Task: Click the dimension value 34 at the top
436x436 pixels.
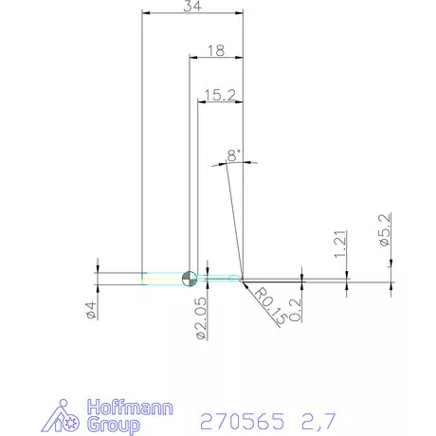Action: tap(192, 7)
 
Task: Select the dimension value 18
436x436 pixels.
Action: tap(215, 52)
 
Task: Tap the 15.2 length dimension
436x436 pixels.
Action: tap(219, 94)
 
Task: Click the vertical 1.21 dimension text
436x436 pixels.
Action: tap(342, 244)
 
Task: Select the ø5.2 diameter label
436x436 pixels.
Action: tap(386, 231)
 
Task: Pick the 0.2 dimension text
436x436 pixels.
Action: tap(298, 308)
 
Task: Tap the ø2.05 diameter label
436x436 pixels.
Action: tap(201, 318)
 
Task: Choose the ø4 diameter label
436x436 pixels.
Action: tap(90, 311)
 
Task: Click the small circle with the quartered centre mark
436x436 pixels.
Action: tap(189, 278)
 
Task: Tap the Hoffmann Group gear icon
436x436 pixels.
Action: tap(66, 418)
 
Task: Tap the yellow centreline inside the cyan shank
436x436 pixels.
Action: tap(161, 278)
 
